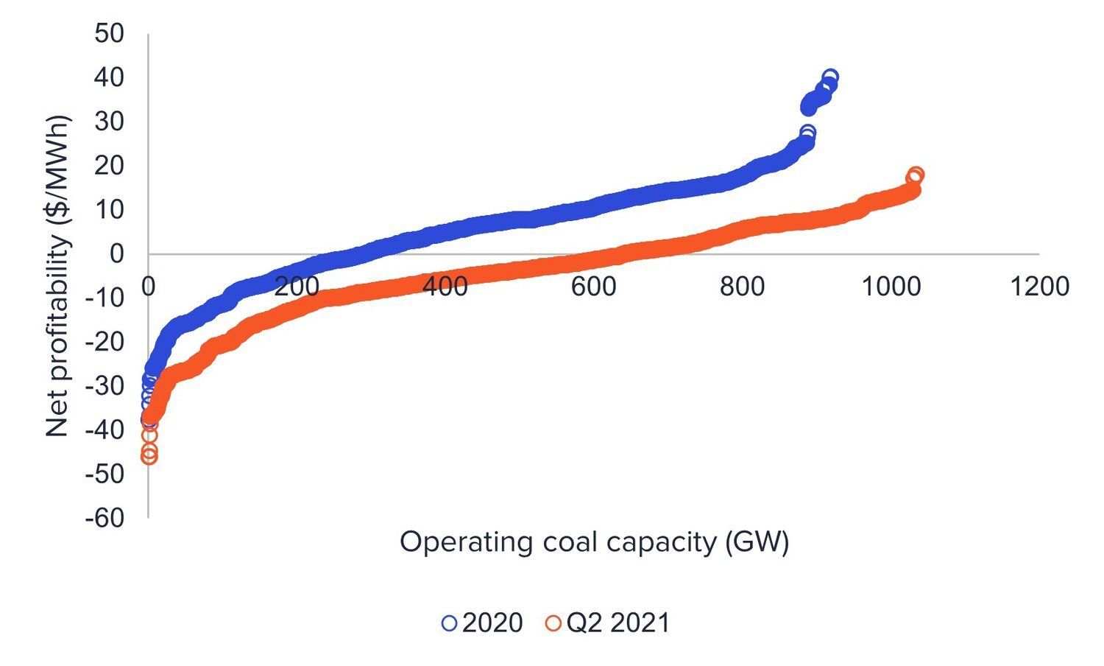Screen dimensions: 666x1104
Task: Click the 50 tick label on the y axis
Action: pyautogui.click(x=109, y=34)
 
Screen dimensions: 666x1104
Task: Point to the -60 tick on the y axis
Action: pyautogui.click(x=104, y=518)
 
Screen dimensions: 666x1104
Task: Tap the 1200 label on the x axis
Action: pyautogui.click(x=1038, y=287)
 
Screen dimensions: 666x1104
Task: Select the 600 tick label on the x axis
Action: pyautogui.click(x=593, y=287)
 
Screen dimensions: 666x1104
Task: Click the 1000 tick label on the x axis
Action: pyautogui.click(x=891, y=287)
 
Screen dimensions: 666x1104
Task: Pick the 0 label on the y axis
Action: pyautogui.click(x=116, y=254)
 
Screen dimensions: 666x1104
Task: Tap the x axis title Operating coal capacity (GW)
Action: pyautogui.click(x=594, y=543)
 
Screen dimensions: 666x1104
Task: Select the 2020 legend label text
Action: pyautogui.click(x=492, y=623)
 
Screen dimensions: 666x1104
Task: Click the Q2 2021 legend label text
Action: pyautogui.click(x=618, y=623)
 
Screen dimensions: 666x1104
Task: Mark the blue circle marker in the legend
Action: pyautogui.click(x=449, y=623)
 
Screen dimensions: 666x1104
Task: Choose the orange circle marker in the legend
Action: pyautogui.click(x=553, y=623)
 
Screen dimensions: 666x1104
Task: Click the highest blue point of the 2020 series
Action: pyautogui.click(x=830, y=77)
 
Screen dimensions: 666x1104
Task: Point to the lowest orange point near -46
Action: pyautogui.click(x=149, y=457)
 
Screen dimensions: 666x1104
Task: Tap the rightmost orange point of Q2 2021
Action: pyautogui.click(x=916, y=175)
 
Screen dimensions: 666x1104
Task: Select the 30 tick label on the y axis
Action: pyautogui.click(x=109, y=122)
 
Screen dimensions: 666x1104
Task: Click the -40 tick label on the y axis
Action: pyautogui.click(x=104, y=430)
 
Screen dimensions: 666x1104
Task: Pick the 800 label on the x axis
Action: pyautogui.click(x=742, y=287)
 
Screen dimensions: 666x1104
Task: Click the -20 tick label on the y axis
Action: pyautogui.click(x=104, y=342)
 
